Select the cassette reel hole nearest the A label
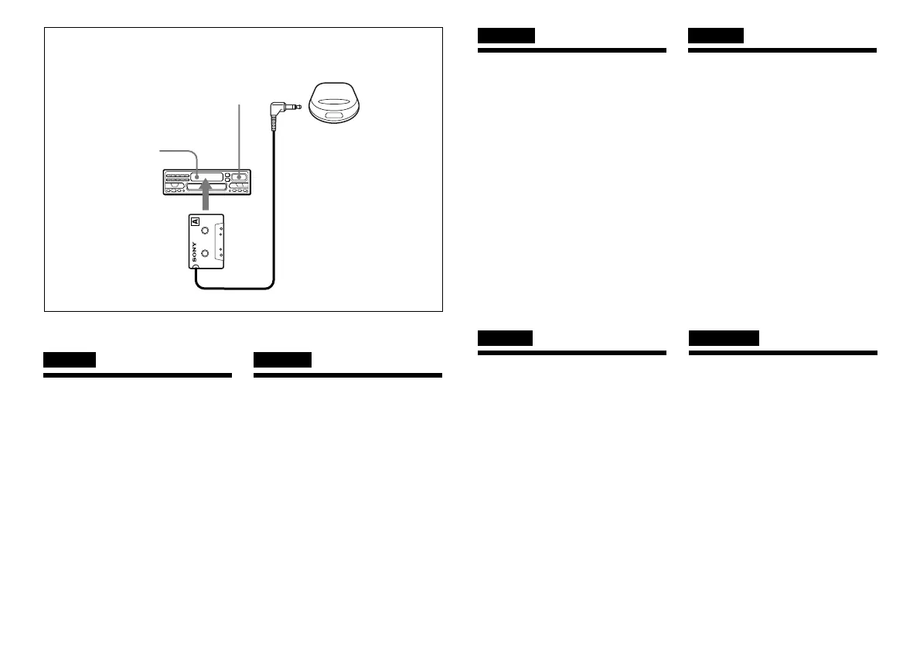tap(204, 231)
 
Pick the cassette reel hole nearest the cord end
tap(204, 253)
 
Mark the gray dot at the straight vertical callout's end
tap(239, 177)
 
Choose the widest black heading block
tap(723, 338)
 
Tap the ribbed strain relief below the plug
tap(274, 124)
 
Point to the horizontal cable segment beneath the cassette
tap(232, 289)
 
